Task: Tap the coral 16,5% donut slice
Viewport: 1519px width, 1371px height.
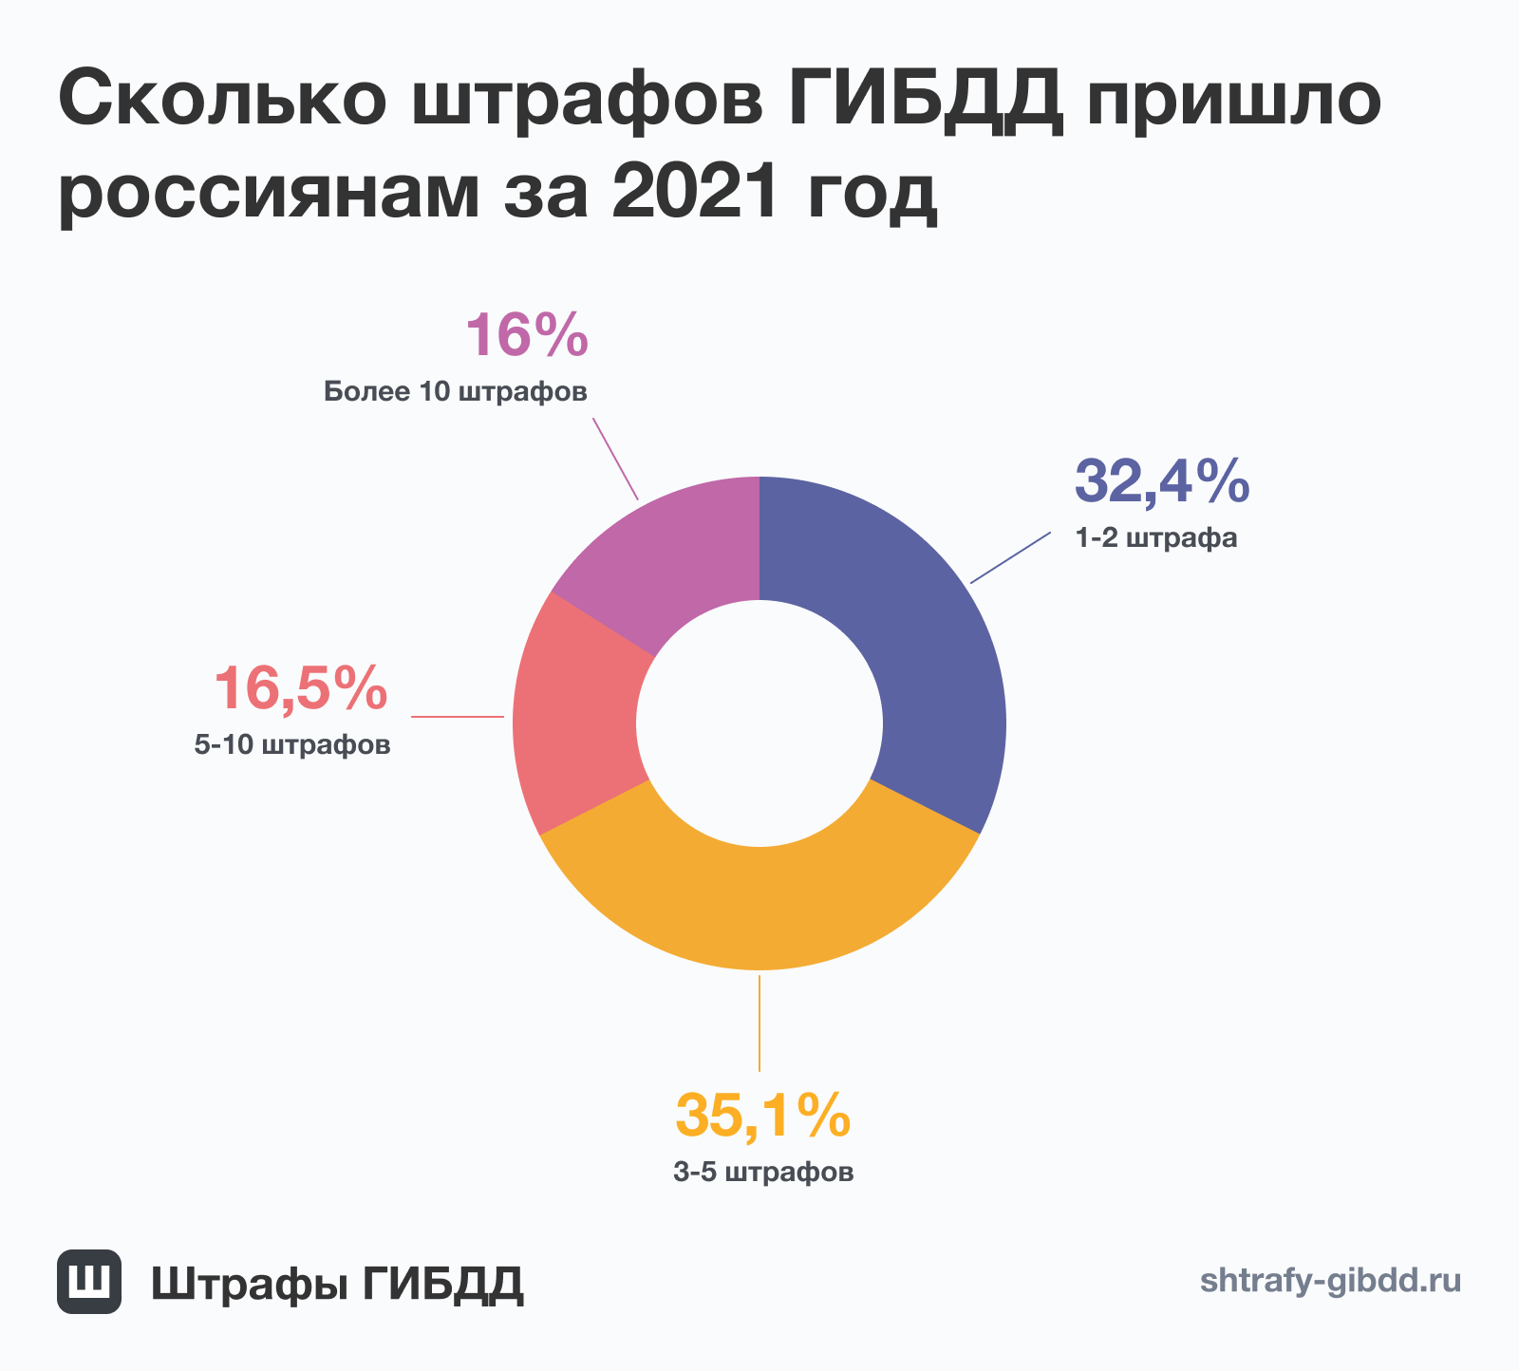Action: (x=574, y=722)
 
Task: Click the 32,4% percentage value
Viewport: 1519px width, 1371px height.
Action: (x=1161, y=481)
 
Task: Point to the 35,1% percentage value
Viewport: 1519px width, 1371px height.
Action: (x=762, y=1116)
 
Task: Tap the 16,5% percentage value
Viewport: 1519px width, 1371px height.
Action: (x=300, y=688)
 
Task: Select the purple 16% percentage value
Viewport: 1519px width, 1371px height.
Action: (x=526, y=336)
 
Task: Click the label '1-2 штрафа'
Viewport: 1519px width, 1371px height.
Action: (x=1156, y=538)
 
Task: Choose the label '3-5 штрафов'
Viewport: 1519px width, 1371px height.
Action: (x=763, y=1173)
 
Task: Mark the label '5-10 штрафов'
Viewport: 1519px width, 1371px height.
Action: (x=292, y=745)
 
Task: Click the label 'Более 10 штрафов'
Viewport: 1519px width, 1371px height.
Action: (x=456, y=391)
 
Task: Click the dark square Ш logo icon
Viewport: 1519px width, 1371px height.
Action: (x=89, y=1281)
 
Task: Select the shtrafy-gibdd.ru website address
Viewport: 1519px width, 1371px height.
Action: (x=1330, y=1281)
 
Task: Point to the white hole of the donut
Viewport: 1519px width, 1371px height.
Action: (x=759, y=723)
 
